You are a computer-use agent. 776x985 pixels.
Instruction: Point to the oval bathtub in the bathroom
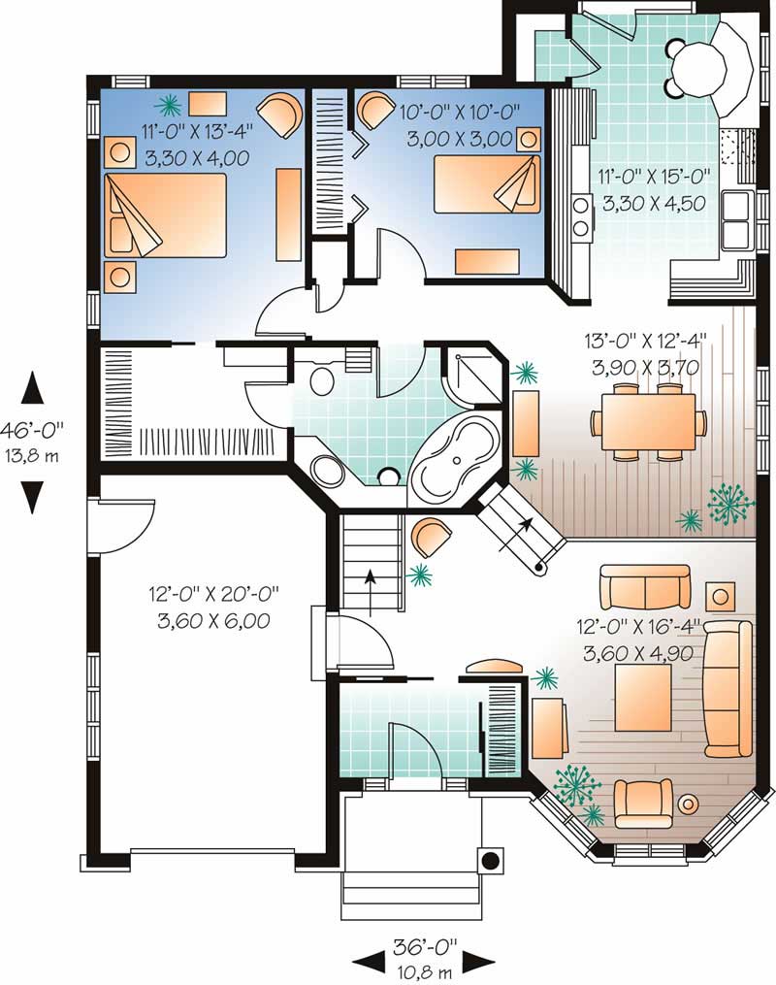coord(454,456)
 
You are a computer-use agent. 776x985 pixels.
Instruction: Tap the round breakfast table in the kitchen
coord(699,68)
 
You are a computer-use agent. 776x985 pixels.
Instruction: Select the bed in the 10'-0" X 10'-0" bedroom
coord(486,185)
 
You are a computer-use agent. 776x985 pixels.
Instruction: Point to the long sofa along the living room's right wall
coord(727,688)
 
